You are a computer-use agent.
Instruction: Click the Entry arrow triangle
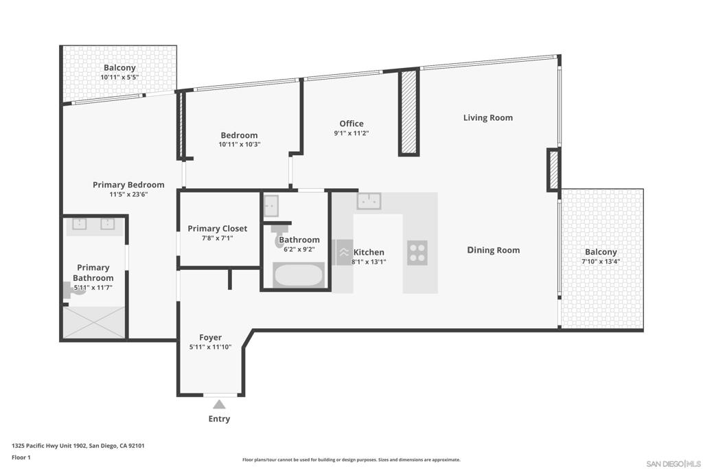coord(219,404)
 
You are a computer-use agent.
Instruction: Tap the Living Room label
coord(488,117)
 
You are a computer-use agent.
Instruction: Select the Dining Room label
coord(493,250)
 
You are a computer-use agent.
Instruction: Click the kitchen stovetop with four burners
coord(417,253)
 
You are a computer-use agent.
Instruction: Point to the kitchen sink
coord(369,201)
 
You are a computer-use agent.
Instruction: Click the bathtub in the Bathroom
coord(299,275)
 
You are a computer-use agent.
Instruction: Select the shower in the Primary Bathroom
coord(94,322)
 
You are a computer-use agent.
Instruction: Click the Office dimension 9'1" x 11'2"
coord(351,133)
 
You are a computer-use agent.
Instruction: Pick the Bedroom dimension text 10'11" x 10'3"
coord(240,144)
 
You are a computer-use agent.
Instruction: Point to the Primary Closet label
coord(218,229)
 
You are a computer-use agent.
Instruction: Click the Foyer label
coord(210,338)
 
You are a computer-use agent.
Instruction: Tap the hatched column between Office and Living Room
coord(409,113)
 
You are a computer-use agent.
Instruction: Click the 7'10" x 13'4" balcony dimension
coord(601,262)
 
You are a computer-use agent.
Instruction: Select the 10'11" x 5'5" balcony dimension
coord(119,77)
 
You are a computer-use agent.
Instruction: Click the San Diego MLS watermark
coord(673,464)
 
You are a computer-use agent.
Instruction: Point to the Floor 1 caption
coord(21,457)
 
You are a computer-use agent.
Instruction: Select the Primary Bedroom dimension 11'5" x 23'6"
coord(128,194)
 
